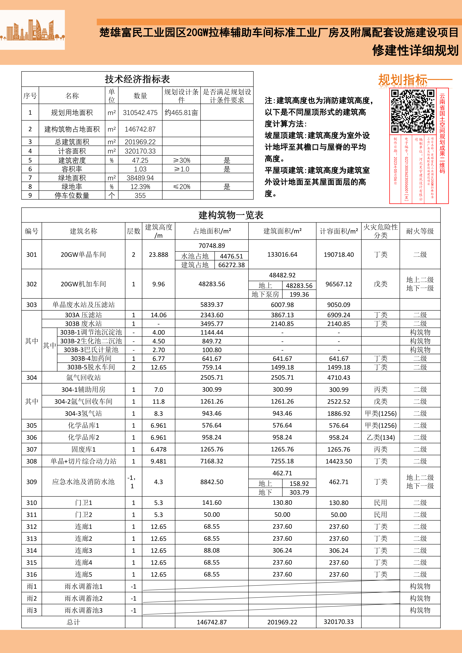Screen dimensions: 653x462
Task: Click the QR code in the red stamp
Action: pos(412,111)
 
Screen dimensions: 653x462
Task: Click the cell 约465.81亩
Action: pos(181,113)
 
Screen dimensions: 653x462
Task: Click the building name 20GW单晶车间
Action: pos(83,255)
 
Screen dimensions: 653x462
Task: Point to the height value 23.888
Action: pos(158,255)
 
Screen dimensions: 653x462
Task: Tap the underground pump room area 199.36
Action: pos(299,294)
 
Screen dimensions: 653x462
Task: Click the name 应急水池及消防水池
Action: pos(83,482)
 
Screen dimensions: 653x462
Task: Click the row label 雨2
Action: pos(32,598)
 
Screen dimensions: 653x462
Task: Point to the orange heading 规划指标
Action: pos(403,80)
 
